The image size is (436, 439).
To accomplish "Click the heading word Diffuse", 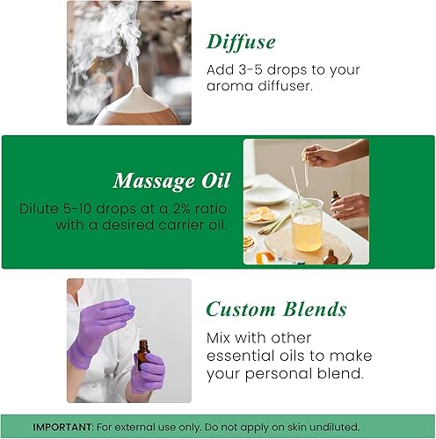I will point(241,41).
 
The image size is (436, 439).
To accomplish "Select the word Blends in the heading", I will point(310,309).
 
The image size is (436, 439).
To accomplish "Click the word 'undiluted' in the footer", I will point(374,426).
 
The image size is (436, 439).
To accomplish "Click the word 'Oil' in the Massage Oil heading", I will point(214,181).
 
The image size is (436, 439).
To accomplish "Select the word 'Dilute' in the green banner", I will point(40,209).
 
